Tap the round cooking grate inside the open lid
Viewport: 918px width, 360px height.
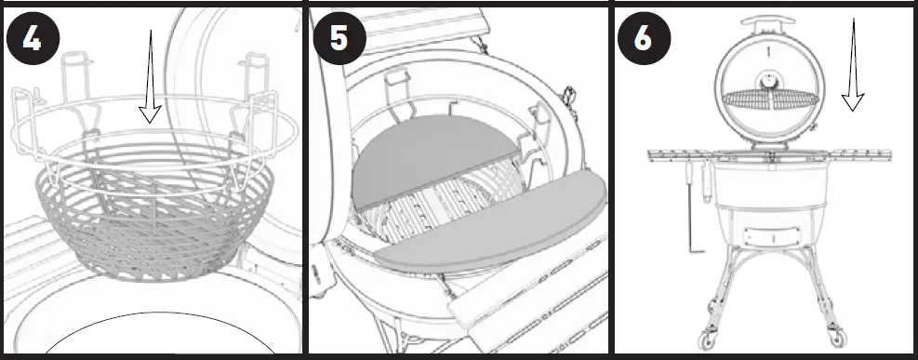pyautogui.click(x=767, y=99)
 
